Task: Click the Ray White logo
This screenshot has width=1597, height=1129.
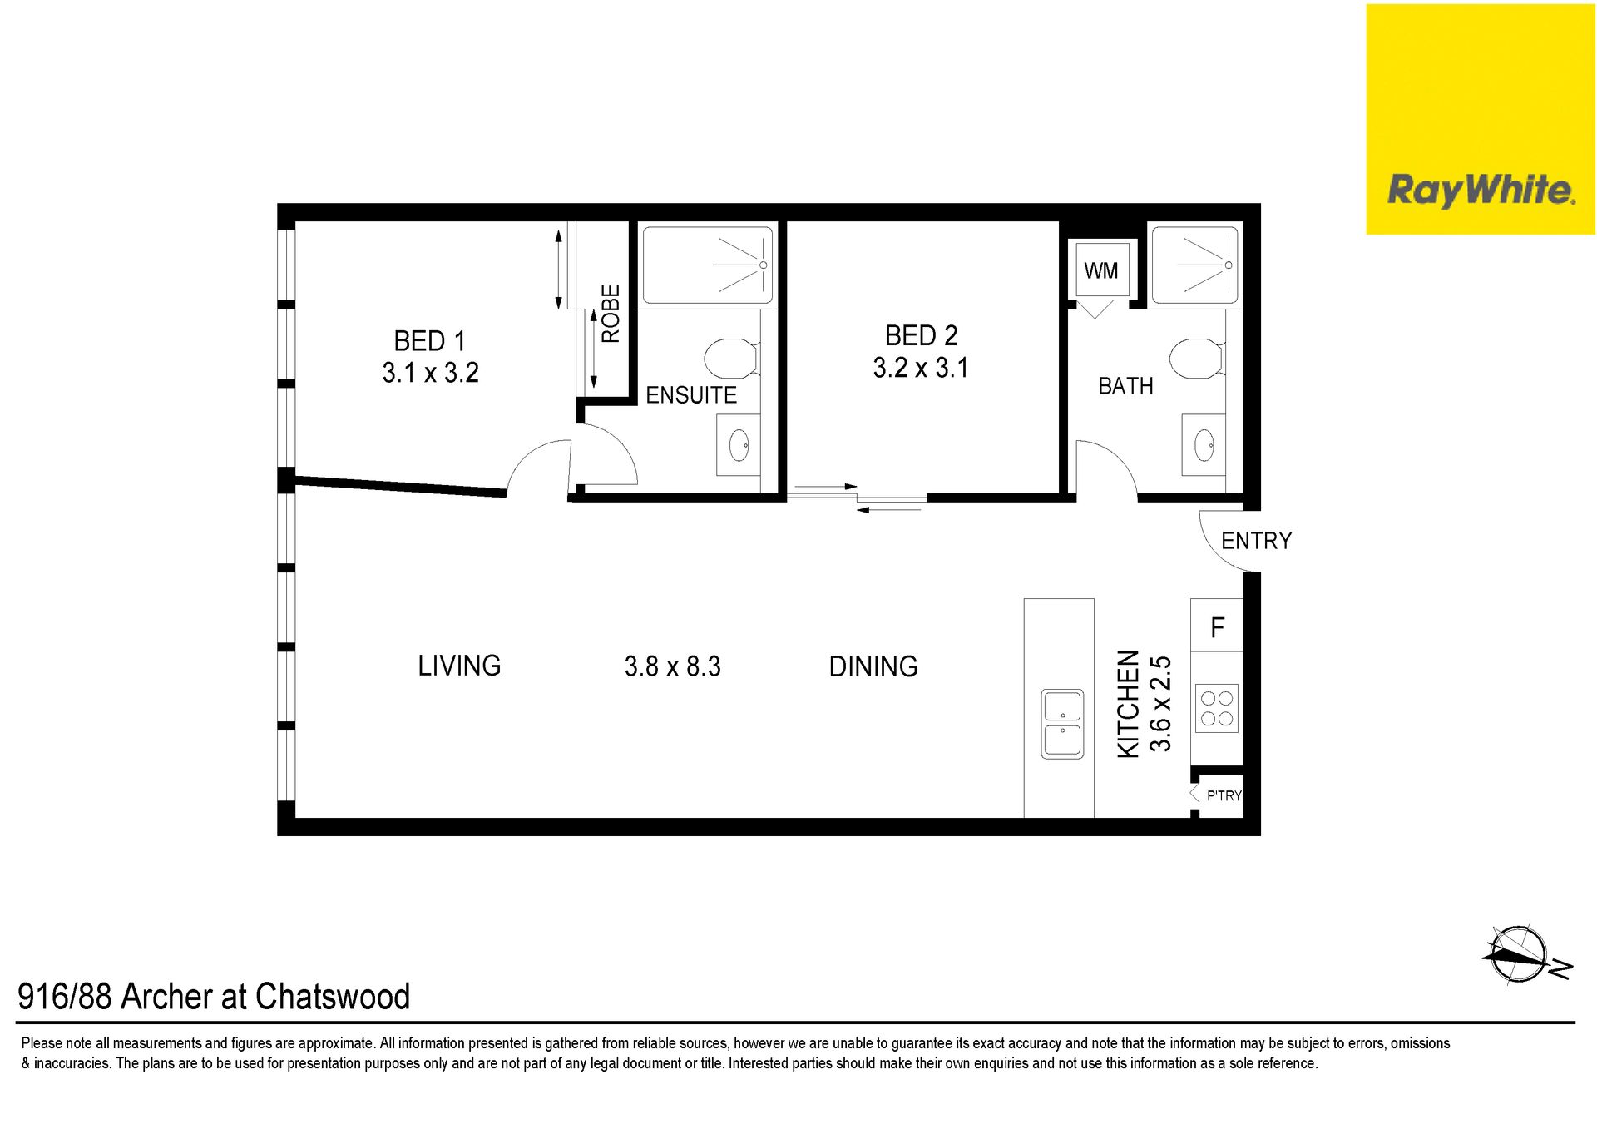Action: (1481, 119)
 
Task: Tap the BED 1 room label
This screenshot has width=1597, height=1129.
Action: (429, 341)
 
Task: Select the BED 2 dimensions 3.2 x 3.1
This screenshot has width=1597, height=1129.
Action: (921, 368)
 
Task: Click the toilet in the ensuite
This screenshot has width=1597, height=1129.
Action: (732, 359)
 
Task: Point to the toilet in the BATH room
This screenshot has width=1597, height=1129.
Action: (1197, 359)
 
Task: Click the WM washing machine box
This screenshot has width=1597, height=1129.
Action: (1101, 270)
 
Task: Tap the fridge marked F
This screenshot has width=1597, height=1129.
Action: (1217, 625)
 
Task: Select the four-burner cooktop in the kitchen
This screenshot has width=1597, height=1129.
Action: (1217, 708)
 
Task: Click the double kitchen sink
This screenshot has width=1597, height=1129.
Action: (1062, 724)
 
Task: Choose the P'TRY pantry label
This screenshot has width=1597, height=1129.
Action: (1224, 795)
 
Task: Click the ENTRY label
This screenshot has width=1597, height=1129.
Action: (1256, 541)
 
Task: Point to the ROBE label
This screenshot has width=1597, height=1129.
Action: (611, 314)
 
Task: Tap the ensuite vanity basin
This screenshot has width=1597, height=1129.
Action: (739, 446)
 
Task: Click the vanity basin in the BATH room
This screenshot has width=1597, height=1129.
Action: (1204, 445)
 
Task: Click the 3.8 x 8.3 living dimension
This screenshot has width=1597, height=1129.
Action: (672, 666)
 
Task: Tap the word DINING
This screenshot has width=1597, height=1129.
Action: (873, 666)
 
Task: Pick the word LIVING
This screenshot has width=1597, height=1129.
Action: (459, 666)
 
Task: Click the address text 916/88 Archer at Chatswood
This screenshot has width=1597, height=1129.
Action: (214, 996)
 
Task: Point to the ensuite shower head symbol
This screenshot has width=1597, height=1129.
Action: (763, 265)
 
